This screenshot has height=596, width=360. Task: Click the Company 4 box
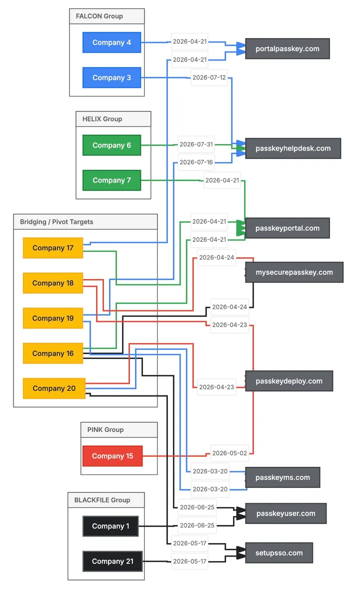[x=112, y=42]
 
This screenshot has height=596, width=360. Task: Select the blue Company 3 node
[x=112, y=77]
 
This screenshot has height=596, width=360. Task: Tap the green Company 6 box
[x=112, y=145]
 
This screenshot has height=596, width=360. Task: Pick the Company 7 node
[x=112, y=180]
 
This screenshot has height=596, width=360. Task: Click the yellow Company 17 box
[x=53, y=248]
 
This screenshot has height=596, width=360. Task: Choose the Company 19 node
[x=53, y=318]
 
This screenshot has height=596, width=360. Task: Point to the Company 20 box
[x=54, y=388]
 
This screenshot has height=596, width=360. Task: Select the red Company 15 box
[x=112, y=456]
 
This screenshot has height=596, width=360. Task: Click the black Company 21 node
[x=112, y=561]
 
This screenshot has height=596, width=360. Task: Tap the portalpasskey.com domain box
[x=287, y=48]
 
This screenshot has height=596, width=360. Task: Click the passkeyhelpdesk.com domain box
[x=293, y=148]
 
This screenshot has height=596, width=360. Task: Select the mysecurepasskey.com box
[x=294, y=272]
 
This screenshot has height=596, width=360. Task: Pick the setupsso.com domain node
[x=279, y=552]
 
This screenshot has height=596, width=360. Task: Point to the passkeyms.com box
[x=282, y=477]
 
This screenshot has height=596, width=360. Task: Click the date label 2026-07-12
[x=209, y=77]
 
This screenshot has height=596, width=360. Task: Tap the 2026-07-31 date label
[x=196, y=144]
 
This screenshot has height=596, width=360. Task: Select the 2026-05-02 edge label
[x=229, y=453]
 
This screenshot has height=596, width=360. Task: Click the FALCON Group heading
[x=99, y=16]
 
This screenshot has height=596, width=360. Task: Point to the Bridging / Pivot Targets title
[x=56, y=222]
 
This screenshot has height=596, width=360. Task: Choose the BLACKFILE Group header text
[x=102, y=500]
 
